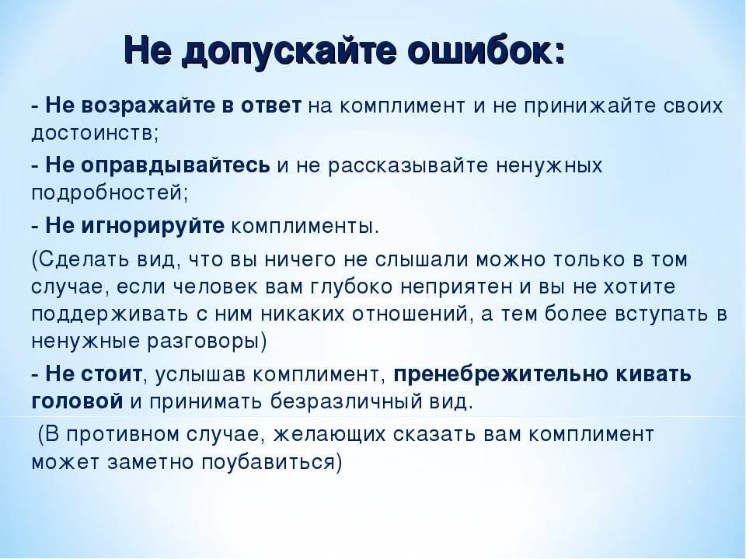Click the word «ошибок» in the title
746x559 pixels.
[x=482, y=50]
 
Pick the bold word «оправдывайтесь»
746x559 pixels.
[x=176, y=166]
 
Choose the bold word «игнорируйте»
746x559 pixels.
[x=153, y=226]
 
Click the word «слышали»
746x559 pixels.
[x=421, y=260]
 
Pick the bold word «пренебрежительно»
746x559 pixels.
[x=501, y=374]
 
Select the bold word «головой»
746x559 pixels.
[x=77, y=401]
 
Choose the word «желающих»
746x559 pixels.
[x=329, y=435]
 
